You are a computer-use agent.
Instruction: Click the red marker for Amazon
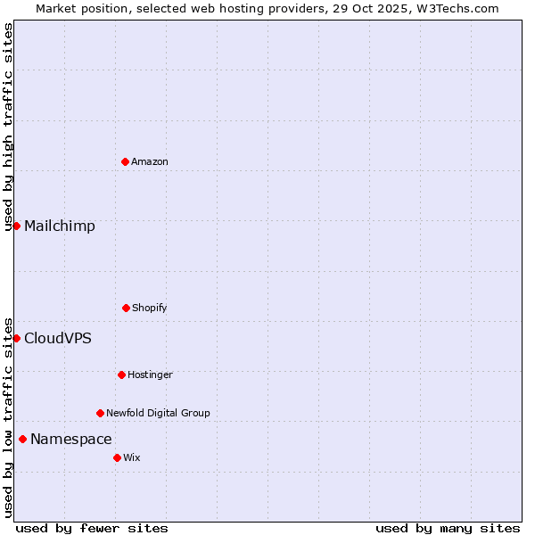[125, 161]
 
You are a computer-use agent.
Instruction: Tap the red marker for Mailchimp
[16, 226]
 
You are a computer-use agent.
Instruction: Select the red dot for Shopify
[126, 308]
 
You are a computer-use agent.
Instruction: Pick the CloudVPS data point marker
[16, 338]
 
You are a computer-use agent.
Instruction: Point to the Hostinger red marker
[121, 374]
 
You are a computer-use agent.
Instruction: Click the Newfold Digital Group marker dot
[100, 413]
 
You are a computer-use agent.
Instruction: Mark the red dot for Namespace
[22, 439]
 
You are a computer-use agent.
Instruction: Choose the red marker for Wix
[117, 457]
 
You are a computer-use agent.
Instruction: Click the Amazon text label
[150, 161]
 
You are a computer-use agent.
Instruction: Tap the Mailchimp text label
[60, 226]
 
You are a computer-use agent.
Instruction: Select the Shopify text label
[150, 308]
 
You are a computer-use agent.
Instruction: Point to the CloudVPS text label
[58, 338]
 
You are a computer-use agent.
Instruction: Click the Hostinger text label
[150, 374]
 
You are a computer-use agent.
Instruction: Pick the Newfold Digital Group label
[159, 413]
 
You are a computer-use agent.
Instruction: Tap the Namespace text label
[71, 439]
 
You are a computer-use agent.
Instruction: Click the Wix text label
[132, 457]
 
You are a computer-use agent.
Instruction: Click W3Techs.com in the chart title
[455, 8]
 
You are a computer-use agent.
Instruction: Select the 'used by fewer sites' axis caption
[92, 528]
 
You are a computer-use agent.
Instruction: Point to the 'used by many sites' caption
[448, 528]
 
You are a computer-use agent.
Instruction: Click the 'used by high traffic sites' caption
[8, 128]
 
